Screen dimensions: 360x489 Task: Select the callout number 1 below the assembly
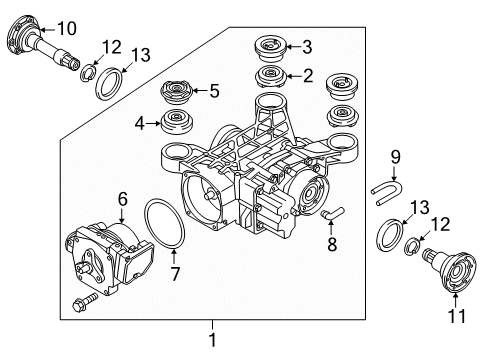pyautogui.click(x=212, y=340)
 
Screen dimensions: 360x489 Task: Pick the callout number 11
pyautogui.click(x=457, y=318)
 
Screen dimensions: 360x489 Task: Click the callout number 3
pyautogui.click(x=306, y=45)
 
